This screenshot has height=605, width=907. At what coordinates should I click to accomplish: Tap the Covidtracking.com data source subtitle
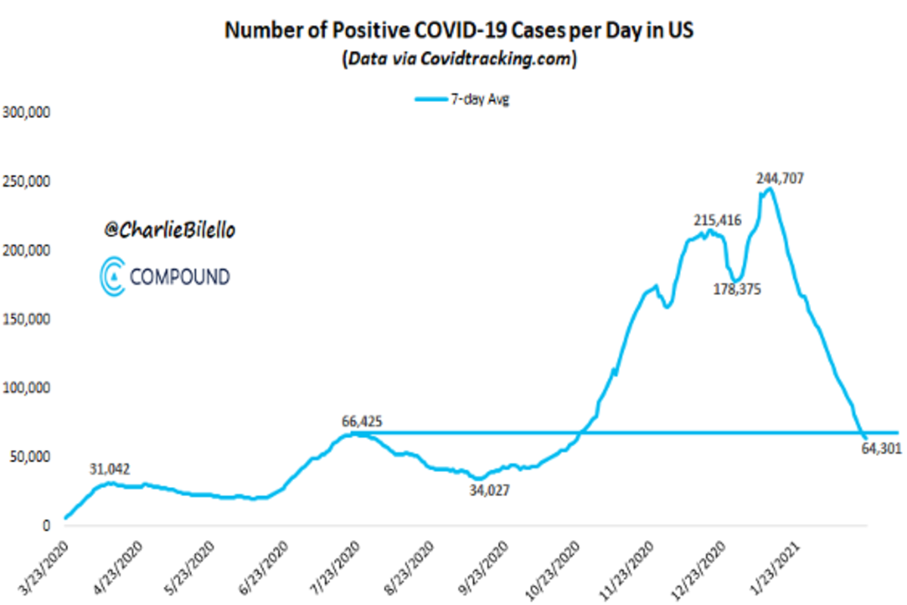(x=458, y=59)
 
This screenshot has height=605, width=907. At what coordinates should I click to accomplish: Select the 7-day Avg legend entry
(x=462, y=99)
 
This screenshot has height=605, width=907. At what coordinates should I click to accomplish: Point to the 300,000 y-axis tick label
(x=27, y=113)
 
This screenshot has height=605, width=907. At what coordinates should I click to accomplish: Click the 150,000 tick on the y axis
(x=27, y=319)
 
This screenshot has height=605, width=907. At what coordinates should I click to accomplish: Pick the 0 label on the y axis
(x=46, y=526)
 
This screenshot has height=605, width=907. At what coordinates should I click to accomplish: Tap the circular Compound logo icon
(x=113, y=275)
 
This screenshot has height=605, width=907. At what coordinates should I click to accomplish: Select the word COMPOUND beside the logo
(x=179, y=277)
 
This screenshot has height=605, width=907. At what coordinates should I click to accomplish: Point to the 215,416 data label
(x=717, y=220)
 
